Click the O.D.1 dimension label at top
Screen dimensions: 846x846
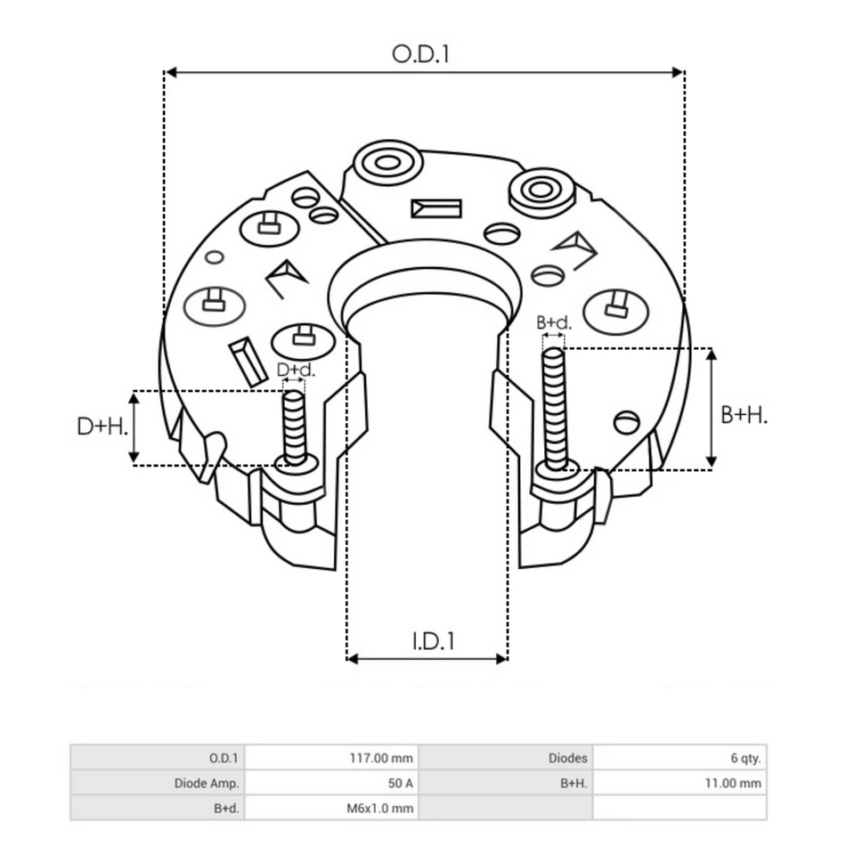(421, 53)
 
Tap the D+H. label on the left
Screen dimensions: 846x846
(102, 427)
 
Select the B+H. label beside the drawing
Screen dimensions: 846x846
(744, 414)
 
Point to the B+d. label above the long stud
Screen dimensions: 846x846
(553, 322)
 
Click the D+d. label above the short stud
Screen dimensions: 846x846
(295, 370)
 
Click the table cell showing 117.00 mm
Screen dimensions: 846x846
(330, 759)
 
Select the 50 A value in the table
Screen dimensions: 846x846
(330, 784)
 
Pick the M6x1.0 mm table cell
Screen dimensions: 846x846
(330, 809)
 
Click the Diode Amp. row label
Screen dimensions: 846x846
(157, 784)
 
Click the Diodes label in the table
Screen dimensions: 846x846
(505, 759)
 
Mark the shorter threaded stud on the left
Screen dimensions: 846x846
(295, 426)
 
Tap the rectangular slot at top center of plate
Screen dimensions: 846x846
(435, 208)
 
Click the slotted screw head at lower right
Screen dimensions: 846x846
(627, 421)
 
